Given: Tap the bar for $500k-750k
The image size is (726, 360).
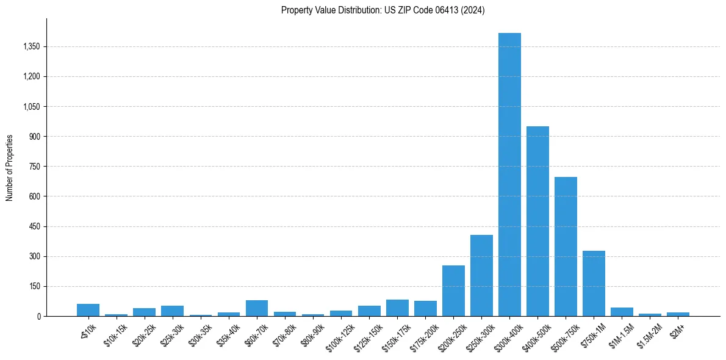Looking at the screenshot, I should coord(566,247).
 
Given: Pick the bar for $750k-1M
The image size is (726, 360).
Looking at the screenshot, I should coord(594,283).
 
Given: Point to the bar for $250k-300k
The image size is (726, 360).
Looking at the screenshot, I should coord(481,275).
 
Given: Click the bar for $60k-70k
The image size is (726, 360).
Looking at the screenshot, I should coord(257,308).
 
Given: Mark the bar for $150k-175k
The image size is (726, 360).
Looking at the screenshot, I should coord(397,308).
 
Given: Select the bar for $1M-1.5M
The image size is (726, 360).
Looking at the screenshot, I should coord(622,312).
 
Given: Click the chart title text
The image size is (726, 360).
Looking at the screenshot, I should coord(383,10).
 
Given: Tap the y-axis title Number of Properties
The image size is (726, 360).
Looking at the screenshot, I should coord(10,167).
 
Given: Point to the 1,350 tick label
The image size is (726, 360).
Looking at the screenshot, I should coord(31,46).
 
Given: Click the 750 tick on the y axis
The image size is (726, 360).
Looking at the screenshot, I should coord(34,166).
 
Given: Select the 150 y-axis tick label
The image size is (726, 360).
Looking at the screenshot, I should coord(34,286).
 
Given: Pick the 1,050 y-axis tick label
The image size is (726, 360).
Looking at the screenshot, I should coord(31,106).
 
